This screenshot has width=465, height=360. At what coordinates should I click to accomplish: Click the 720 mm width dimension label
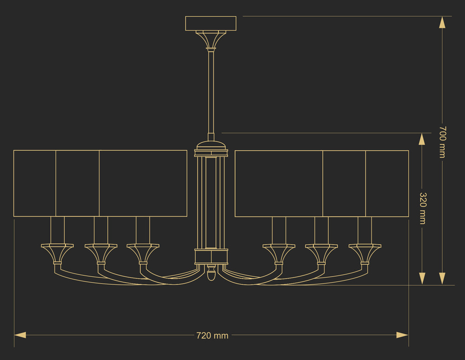point(213,336)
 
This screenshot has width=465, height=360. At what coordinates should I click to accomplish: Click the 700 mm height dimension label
point(443,142)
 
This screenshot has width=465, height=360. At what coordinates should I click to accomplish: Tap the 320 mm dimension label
point(423,208)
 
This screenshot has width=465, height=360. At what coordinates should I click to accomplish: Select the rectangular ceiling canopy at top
point(211,23)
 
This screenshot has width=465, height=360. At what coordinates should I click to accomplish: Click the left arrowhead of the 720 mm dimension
point(20,335)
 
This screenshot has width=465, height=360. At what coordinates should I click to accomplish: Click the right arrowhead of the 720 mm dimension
point(402,335)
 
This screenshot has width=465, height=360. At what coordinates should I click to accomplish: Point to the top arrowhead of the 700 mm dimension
point(442,22)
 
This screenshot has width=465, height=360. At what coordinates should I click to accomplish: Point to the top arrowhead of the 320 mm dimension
point(422,139)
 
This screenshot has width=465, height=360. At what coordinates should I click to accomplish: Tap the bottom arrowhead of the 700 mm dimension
point(442,279)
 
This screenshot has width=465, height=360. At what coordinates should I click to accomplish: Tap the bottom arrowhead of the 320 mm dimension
point(422,279)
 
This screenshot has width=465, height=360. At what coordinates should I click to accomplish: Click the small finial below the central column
point(211,273)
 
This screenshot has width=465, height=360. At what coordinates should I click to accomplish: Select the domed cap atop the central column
point(211,145)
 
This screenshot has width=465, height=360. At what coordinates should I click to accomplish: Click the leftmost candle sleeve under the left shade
point(57,230)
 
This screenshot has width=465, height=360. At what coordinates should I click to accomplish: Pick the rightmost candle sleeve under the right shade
point(365,230)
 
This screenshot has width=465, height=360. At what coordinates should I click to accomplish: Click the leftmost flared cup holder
point(57,254)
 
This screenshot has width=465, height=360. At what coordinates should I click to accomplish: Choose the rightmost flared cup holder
point(365,254)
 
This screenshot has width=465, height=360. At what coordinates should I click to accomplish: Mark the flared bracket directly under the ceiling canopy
point(211,40)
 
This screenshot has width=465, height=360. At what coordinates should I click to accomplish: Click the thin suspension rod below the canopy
point(211,93)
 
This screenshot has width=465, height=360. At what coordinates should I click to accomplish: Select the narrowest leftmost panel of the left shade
point(35,183)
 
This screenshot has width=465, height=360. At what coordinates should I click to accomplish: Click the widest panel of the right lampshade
point(279,184)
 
